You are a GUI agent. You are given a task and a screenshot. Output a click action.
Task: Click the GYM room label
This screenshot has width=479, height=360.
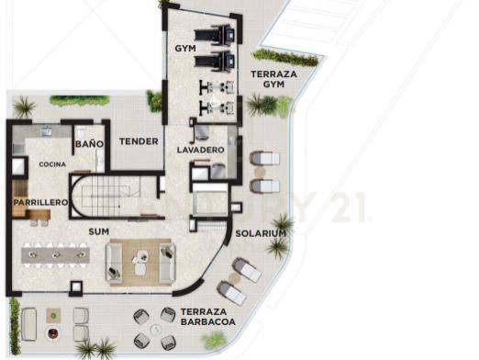(x=185, y=48)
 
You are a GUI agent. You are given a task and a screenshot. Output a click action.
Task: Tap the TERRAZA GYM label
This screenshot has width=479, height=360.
(x=273, y=79)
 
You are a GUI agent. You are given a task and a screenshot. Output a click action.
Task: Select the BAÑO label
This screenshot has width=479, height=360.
(x=89, y=144)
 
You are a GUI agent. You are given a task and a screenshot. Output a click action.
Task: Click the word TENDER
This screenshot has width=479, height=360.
(x=139, y=141)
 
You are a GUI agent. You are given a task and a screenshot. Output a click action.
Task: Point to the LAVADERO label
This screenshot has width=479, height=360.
(x=201, y=150)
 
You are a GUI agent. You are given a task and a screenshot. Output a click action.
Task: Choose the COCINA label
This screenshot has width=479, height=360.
(x=52, y=164)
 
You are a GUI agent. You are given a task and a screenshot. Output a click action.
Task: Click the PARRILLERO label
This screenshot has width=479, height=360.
(x=40, y=202)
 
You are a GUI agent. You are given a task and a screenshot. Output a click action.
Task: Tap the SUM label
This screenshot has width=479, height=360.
(x=98, y=231)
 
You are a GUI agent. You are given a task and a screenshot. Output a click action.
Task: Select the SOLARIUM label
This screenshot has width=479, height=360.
(x=261, y=233)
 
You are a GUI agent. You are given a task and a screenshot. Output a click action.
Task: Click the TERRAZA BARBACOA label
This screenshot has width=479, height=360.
(x=208, y=317)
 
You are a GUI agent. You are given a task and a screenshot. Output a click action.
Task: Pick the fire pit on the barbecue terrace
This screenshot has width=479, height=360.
(x=53, y=332)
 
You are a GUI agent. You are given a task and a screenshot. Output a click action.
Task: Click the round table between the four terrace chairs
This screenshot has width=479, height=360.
(x=156, y=330)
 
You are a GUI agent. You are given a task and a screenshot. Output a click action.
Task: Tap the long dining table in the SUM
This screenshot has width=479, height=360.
(x=55, y=255)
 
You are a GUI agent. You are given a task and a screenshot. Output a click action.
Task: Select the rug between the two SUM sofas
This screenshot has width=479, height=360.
(x=140, y=262)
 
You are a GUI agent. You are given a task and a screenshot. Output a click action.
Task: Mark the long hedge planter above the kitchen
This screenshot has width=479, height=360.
(x=80, y=100)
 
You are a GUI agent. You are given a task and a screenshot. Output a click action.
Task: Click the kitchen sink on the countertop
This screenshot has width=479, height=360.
(x=47, y=130)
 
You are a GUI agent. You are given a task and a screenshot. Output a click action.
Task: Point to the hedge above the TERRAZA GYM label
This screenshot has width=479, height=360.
(x=285, y=58)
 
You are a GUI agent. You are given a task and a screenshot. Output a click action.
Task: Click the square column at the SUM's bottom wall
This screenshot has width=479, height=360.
(x=76, y=287)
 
